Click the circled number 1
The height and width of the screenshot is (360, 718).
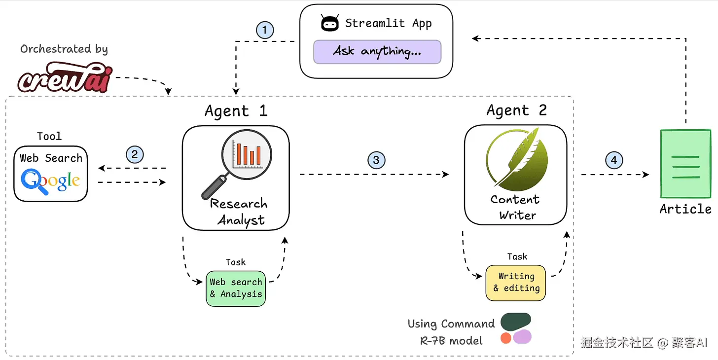(x=265, y=31)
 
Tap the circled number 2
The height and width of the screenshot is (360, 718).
(x=135, y=154)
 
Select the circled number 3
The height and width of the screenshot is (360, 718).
(x=376, y=160)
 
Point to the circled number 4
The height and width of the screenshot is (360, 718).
(x=614, y=160)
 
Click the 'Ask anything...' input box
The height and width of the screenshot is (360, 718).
(x=377, y=51)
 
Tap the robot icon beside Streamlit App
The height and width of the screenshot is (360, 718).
(x=329, y=24)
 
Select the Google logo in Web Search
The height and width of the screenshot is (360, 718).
(x=50, y=181)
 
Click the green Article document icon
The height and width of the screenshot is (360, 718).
(x=685, y=164)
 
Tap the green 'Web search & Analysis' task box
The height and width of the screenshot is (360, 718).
(x=236, y=288)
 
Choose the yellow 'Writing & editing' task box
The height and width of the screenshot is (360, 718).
(x=516, y=283)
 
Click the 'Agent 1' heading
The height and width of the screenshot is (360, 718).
(x=236, y=110)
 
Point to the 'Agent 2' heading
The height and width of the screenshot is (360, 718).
(x=516, y=110)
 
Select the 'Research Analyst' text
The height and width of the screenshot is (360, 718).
(x=240, y=212)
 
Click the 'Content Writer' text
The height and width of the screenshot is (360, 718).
(x=516, y=207)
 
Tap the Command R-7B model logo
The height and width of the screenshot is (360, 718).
(x=516, y=328)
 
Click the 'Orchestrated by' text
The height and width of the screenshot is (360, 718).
(x=64, y=49)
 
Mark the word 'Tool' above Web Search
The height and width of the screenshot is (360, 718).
(x=49, y=136)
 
